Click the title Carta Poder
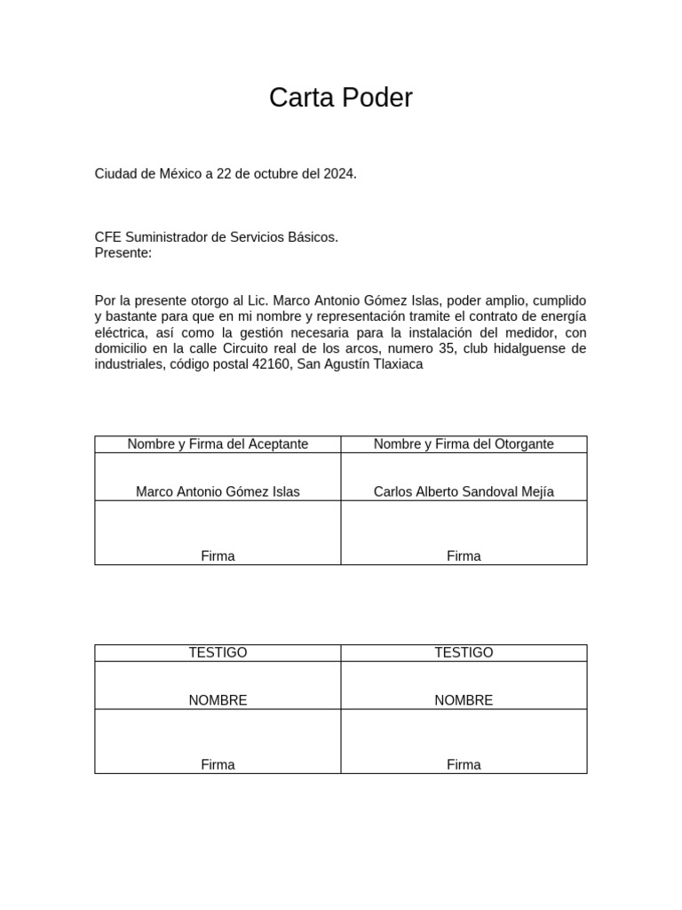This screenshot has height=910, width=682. (341, 98)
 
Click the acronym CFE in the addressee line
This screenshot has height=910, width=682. (108, 237)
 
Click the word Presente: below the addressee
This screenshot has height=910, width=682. (123, 253)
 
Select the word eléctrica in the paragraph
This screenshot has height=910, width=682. (120, 332)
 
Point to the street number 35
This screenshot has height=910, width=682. (452, 348)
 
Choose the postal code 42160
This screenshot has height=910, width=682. (272, 364)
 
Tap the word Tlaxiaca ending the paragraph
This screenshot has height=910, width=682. (395, 364)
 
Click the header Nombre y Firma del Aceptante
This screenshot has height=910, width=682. (218, 443)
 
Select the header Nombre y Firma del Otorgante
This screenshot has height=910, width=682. (464, 443)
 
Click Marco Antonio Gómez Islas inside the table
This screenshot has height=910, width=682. (218, 491)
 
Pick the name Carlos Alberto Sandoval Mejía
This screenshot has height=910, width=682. (464, 491)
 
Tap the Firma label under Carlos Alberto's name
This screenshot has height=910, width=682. (464, 556)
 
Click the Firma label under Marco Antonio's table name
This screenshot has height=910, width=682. (218, 556)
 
